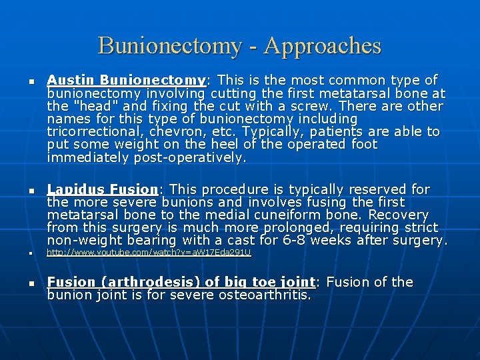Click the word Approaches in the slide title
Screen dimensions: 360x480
[x=323, y=46]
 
